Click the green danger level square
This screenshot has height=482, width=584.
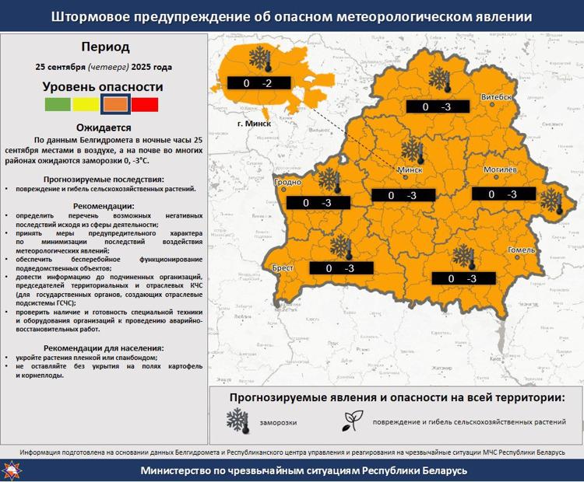tap(58, 105)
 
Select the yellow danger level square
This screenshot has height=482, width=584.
tap(86, 105)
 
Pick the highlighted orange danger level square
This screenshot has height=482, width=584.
tap(115, 105)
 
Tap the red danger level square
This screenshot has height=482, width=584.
tap(145, 105)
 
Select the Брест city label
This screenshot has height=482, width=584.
tap(283, 267)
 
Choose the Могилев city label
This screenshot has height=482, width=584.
tap(501, 169)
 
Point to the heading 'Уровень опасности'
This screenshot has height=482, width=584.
tap(103, 87)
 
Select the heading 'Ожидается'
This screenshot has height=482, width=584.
tap(103, 127)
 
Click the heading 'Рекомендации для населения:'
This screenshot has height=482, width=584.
tap(104, 348)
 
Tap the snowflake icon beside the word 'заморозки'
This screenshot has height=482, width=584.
tap(237, 420)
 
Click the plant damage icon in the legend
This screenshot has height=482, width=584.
tap(349, 421)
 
